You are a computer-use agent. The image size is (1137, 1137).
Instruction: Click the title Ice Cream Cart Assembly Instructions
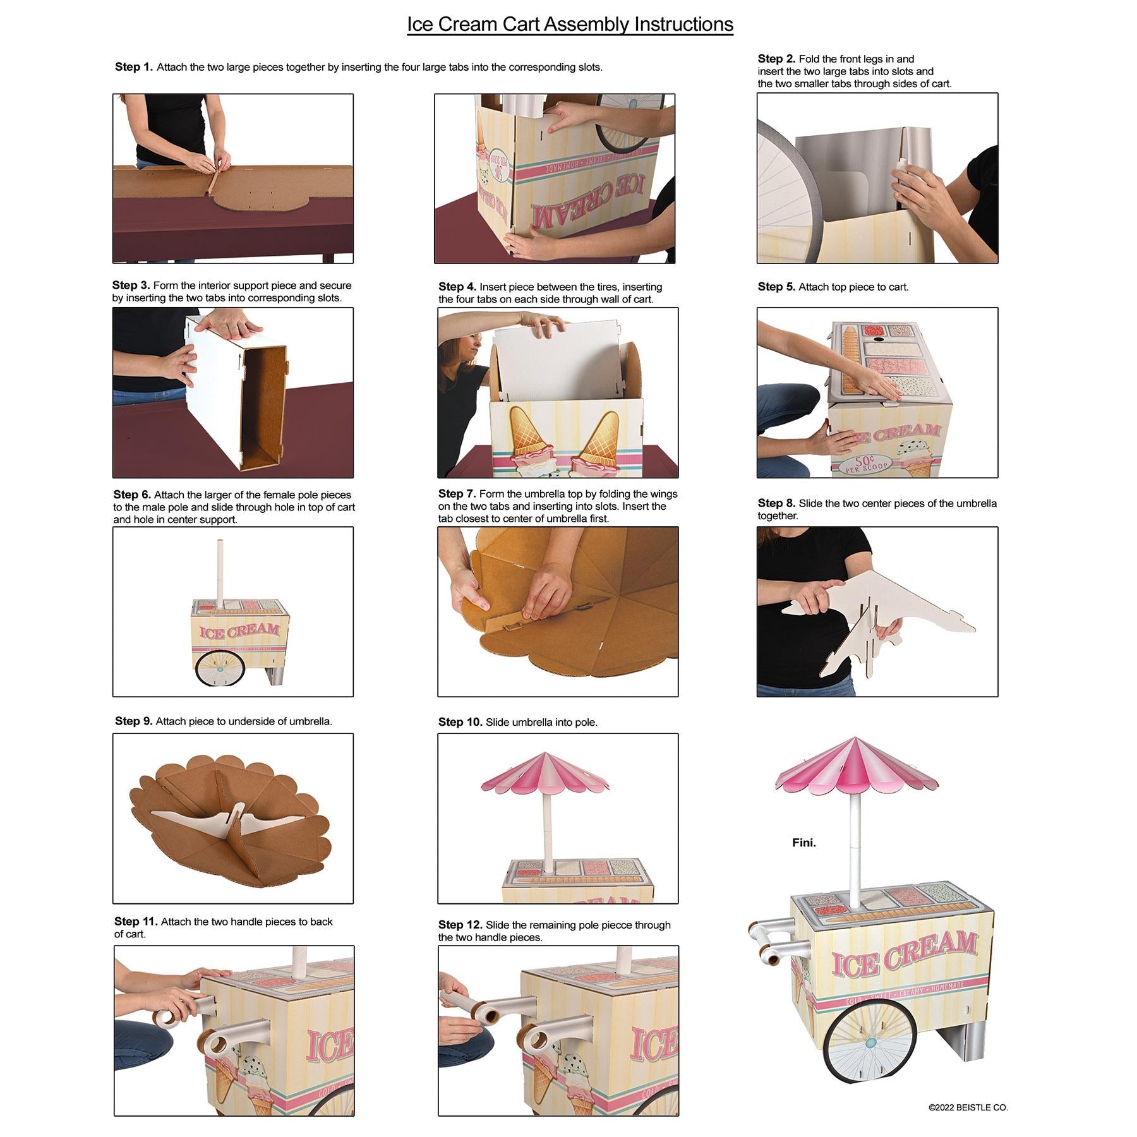click(x=570, y=24)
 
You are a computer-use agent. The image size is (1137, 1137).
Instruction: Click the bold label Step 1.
click(x=134, y=67)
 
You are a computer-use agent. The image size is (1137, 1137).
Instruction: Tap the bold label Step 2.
click(x=776, y=59)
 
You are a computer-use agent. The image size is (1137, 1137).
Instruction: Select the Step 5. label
click(x=776, y=287)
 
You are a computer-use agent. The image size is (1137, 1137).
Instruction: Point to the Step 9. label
click(x=134, y=721)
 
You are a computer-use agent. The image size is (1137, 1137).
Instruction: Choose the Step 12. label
click(x=460, y=925)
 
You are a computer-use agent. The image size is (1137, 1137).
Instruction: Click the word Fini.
click(x=804, y=843)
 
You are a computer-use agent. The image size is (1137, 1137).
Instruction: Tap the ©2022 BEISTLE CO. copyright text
click(x=968, y=1107)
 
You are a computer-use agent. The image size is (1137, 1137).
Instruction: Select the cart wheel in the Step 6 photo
click(x=219, y=669)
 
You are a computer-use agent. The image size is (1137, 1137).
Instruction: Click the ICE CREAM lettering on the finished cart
click(x=905, y=954)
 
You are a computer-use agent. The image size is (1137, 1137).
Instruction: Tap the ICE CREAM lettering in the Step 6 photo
click(x=239, y=631)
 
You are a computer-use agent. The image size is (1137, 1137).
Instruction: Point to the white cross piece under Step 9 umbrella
click(x=234, y=821)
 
